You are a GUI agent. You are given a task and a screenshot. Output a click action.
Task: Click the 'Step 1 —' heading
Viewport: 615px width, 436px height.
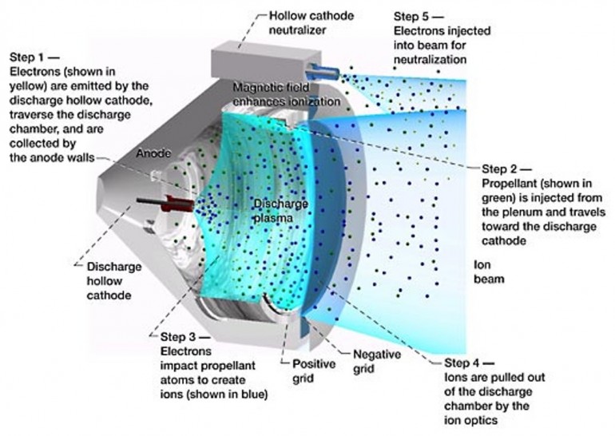click(x=34, y=58)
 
